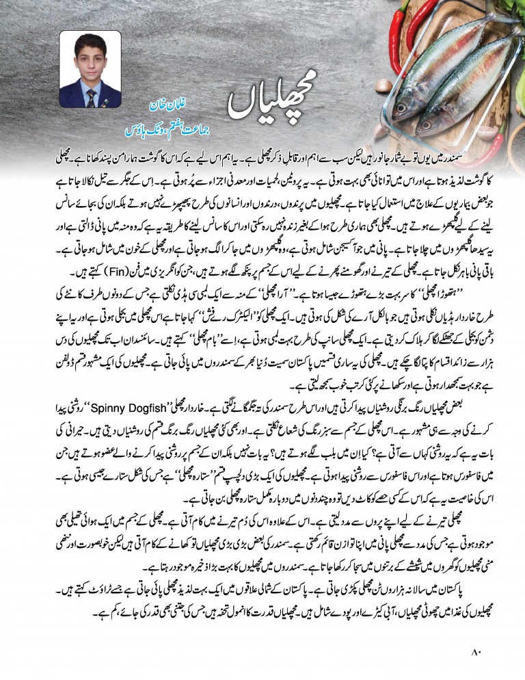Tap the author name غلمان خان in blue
tap(168, 107)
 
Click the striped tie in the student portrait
tap(90, 96)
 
